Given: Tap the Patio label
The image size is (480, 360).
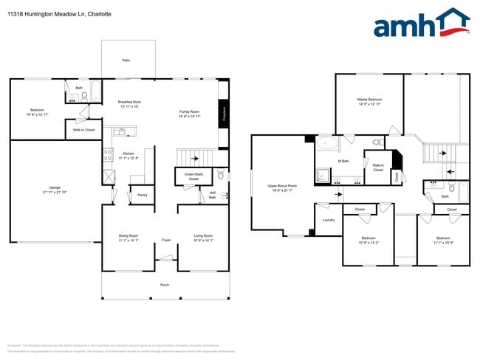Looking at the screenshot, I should click(x=127, y=60).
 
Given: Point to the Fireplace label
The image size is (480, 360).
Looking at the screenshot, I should click(x=224, y=113).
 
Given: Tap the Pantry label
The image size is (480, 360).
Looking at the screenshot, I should click(x=143, y=196).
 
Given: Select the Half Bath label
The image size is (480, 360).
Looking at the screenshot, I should click(x=212, y=196).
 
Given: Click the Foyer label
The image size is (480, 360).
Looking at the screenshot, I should click(x=166, y=239).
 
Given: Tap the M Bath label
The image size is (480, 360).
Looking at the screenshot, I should click(x=343, y=161).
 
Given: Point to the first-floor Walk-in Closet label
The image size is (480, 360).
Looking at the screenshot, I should click(x=83, y=130).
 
